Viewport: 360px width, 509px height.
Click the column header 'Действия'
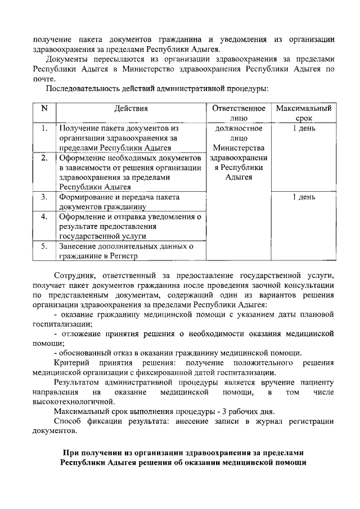tap(131, 108)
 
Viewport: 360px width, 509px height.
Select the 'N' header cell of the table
tap(44, 108)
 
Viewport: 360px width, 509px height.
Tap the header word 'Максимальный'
tap(303, 108)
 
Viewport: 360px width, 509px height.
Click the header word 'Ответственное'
tap(238, 108)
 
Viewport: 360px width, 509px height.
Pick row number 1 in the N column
tap(44, 128)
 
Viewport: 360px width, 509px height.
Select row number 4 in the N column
tap(44, 217)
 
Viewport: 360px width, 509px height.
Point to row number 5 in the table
tap(44, 246)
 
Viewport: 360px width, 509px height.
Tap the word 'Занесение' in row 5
tap(79, 246)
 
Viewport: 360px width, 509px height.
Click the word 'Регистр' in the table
tap(123, 256)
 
